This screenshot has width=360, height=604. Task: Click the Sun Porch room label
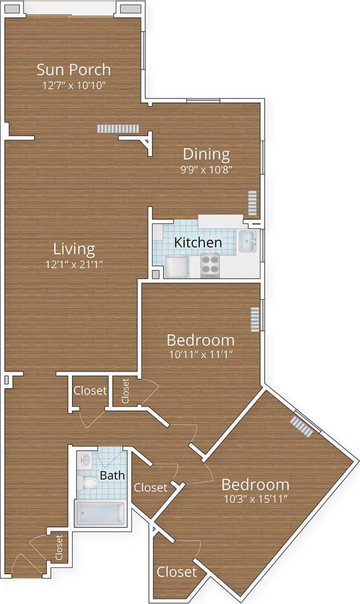tap(74, 69)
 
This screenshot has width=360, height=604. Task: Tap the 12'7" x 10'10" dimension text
tap(74, 85)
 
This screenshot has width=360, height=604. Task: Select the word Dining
tap(206, 154)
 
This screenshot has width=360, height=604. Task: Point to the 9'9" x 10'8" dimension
tap(206, 169)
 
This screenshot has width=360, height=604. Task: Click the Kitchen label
tap(198, 242)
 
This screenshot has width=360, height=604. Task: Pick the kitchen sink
tap(247, 241)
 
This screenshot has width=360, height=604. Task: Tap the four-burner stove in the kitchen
tap(210, 265)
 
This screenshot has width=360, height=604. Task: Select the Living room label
tap(74, 249)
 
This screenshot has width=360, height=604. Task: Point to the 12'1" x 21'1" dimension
tap(74, 264)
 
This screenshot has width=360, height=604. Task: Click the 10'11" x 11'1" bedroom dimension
tap(200, 355)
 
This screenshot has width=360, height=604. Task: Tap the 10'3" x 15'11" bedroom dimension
tap(255, 499)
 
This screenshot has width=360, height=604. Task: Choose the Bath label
tap(112, 475)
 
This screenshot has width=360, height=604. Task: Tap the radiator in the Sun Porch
tap(119, 128)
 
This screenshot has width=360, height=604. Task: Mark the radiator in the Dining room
tap(252, 203)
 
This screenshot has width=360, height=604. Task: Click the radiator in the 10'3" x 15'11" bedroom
tap(302, 426)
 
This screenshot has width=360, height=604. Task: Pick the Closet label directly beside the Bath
tap(150, 488)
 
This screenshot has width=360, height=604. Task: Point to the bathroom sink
tap(85, 460)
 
